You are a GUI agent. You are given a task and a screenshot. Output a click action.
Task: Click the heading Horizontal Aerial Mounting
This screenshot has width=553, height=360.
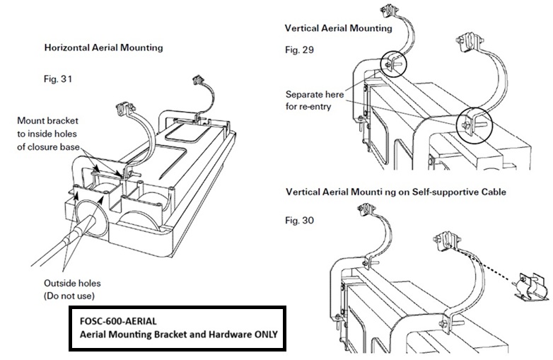103,48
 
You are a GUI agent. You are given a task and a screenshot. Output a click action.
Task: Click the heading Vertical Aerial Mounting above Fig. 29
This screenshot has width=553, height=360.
338,29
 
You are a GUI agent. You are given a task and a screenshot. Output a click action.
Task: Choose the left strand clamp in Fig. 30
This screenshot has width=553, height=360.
367,210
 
